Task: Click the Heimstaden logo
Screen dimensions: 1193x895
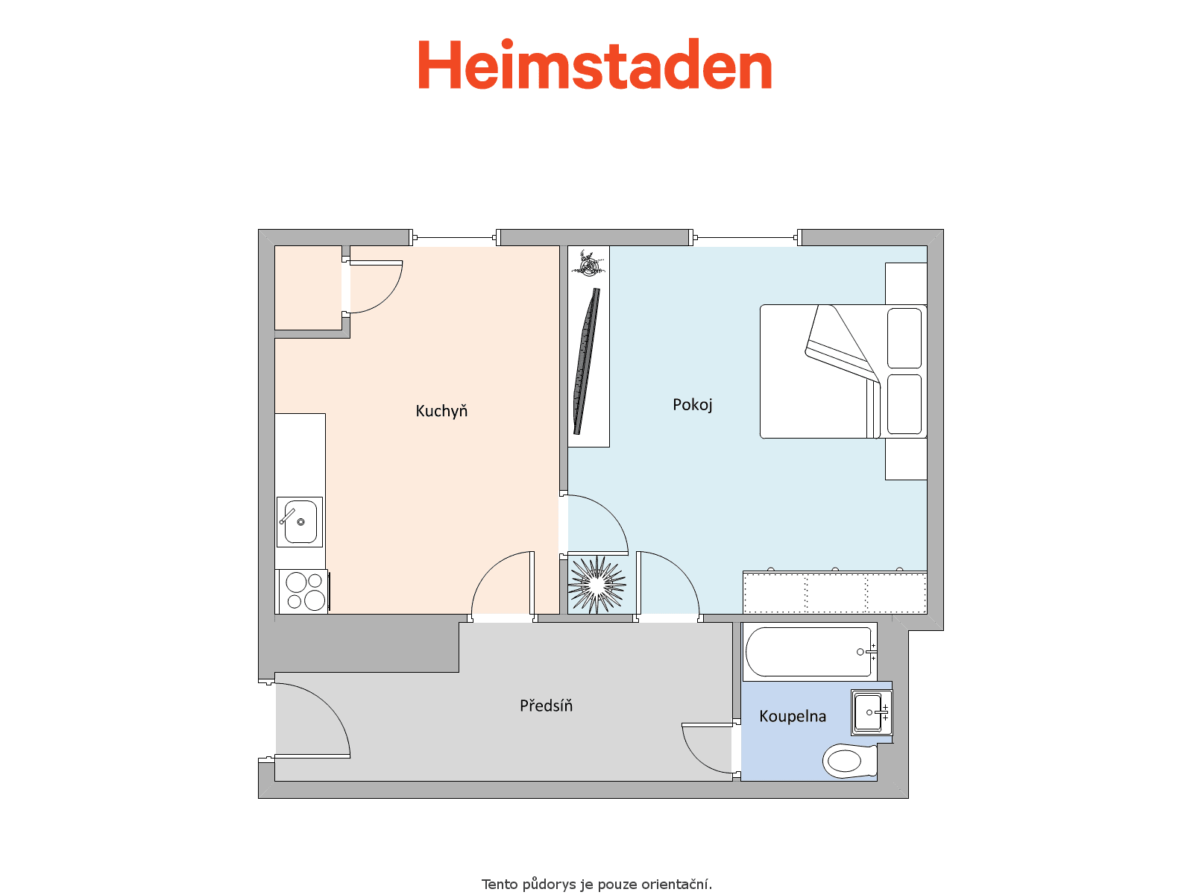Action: tap(594, 64)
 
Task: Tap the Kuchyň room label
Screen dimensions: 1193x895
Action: tap(441, 412)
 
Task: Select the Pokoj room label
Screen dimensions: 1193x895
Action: tap(692, 405)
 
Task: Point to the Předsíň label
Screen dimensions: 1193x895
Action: tap(546, 705)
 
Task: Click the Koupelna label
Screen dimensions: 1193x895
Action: tap(793, 716)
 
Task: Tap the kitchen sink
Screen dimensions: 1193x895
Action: tap(300, 521)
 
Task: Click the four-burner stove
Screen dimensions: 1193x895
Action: tap(303, 591)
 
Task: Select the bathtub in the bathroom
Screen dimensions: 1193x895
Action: tap(810, 652)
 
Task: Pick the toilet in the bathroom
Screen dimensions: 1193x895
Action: tap(849, 760)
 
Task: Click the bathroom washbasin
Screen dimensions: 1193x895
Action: tap(871, 712)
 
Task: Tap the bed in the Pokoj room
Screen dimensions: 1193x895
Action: tap(843, 371)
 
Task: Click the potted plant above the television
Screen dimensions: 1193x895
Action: tap(588, 263)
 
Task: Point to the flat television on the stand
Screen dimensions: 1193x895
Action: tap(587, 361)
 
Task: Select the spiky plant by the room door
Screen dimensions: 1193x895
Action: tap(596, 584)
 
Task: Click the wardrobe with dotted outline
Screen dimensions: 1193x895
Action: tap(835, 591)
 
